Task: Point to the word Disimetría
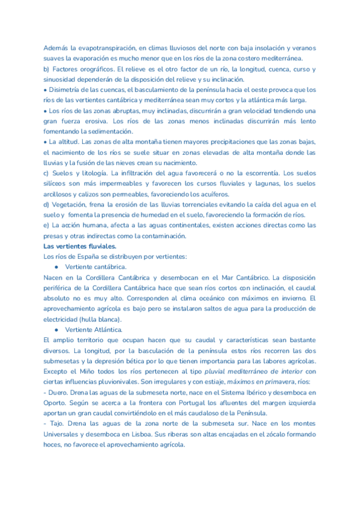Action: [x=67, y=89]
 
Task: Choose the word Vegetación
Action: [x=69, y=204]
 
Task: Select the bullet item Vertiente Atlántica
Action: [x=92, y=330]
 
